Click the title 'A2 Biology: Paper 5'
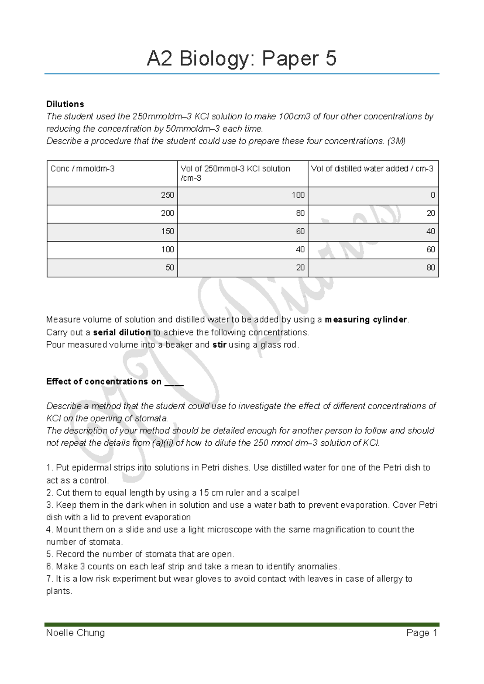pos(241,59)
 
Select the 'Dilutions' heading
pos(65,104)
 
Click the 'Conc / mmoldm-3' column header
pos(82,169)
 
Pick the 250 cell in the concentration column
pos(167,195)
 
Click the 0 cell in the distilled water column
pos(433,195)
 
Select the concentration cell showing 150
pos(167,231)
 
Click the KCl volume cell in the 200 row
pos(300,213)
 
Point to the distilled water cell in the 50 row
pos(431,268)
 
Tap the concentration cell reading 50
pos(170,268)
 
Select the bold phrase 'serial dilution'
pos(122,333)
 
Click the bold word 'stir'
pos(219,345)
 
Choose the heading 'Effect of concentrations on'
pos(104,382)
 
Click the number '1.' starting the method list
pos(50,468)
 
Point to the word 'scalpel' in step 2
pos(285,493)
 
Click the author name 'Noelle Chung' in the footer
pos(75,633)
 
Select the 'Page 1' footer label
pos(422,633)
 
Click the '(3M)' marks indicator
pos(396,141)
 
